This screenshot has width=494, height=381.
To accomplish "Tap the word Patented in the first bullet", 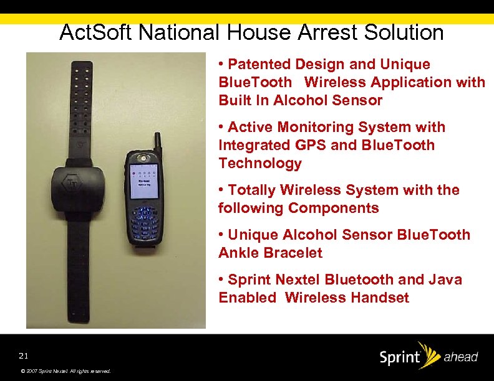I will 260,64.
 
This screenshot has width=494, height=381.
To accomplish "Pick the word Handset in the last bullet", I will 382,298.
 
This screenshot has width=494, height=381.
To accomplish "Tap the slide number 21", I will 24,356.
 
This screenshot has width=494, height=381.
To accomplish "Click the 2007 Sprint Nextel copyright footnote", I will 65,371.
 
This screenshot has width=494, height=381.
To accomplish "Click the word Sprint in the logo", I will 399,358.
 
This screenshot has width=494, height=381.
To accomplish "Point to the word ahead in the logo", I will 460,357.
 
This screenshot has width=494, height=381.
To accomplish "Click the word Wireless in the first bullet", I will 334,82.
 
